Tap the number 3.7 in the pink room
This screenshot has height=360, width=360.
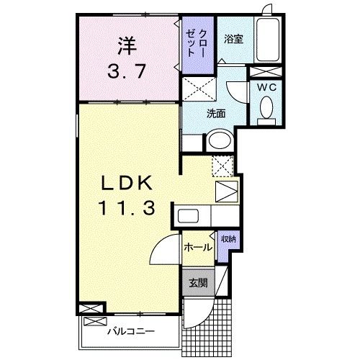(126, 72)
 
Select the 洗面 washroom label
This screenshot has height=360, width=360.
(217, 113)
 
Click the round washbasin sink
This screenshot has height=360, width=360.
(220, 140)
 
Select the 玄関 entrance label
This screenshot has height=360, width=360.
(198, 283)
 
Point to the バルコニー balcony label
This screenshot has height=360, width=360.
(129, 332)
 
